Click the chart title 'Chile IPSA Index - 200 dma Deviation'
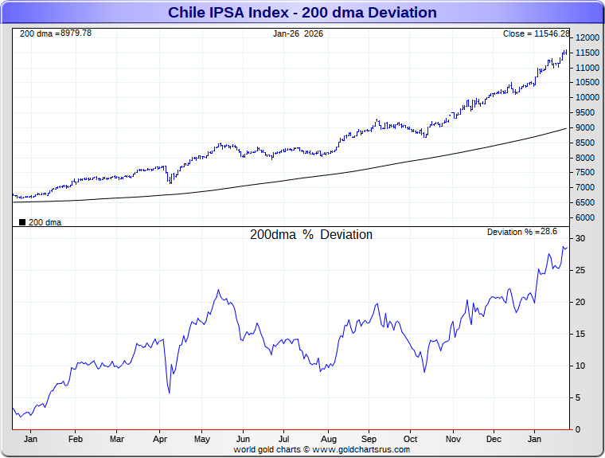pyautogui.click(x=302, y=13)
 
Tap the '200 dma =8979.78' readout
pyautogui.click(x=55, y=33)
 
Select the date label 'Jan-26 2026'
pyautogui.click(x=298, y=33)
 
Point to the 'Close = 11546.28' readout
pyautogui.click(x=536, y=33)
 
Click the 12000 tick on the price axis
pyautogui.click(x=587, y=38)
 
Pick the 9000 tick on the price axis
pyautogui.click(x=584, y=128)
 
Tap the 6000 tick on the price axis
pyautogui.click(x=584, y=217)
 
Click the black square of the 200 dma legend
pyautogui.click(x=22, y=222)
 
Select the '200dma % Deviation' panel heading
pyautogui.click(x=311, y=235)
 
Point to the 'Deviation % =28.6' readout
pyautogui.click(x=522, y=232)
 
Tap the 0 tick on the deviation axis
pyautogui.click(x=578, y=430)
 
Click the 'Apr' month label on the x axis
pyautogui.click(x=160, y=439)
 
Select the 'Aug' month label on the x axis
pyautogui.click(x=327, y=439)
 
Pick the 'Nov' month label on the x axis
pyautogui.click(x=452, y=439)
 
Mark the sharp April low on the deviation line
pyautogui.click(x=170, y=392)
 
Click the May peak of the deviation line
pyautogui.click(x=218, y=291)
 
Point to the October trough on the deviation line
pyautogui.click(x=424, y=372)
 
